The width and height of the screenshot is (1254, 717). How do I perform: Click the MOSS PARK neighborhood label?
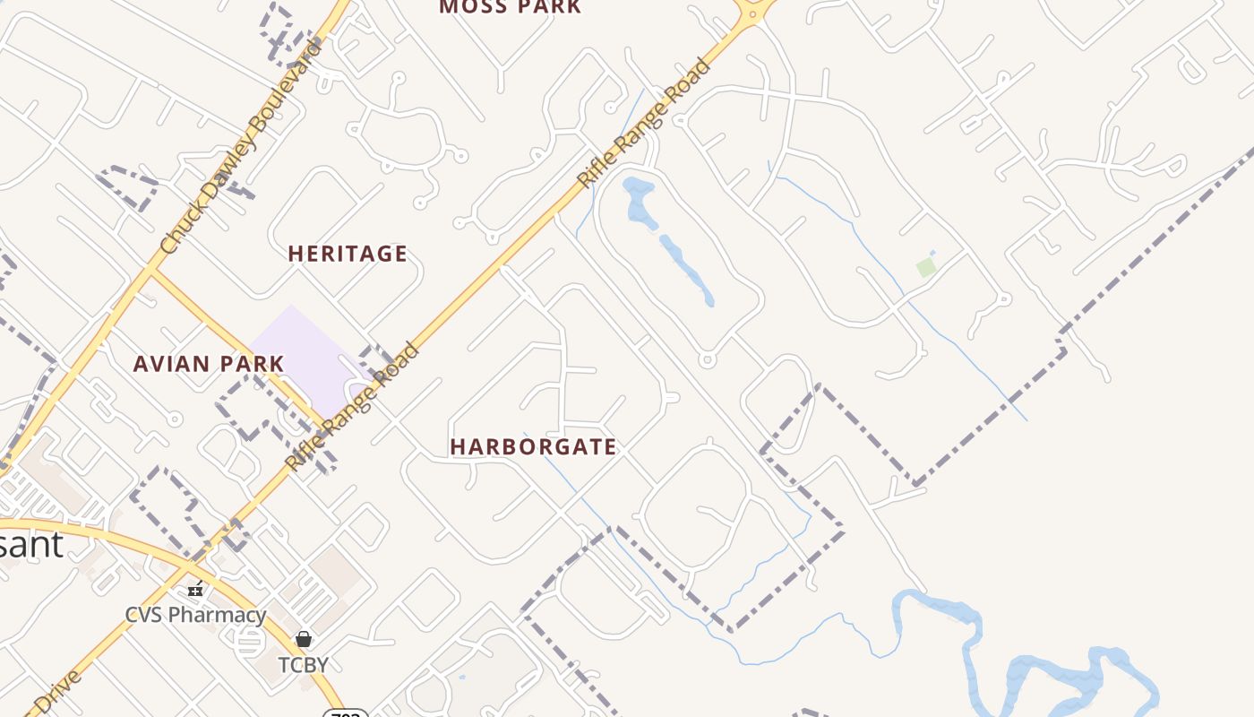(510, 7)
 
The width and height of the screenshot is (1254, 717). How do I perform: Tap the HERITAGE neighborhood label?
(348, 255)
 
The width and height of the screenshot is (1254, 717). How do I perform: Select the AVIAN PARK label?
(209, 364)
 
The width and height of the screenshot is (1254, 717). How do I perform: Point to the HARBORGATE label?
(534, 446)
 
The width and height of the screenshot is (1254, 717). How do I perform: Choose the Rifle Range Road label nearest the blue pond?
(645, 124)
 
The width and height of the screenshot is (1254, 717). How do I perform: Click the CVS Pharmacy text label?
(195, 615)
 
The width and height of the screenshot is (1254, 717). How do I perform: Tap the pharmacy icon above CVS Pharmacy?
(195, 590)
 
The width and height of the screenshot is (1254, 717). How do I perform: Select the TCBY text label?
(303, 665)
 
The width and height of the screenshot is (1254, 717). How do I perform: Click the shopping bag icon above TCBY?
(304, 639)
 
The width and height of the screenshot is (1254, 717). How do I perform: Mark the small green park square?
(926, 267)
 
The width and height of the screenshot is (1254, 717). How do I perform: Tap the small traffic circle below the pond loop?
(707, 360)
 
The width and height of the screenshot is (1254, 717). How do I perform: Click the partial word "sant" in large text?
(31, 544)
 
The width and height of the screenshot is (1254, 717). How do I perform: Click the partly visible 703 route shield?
(346, 713)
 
